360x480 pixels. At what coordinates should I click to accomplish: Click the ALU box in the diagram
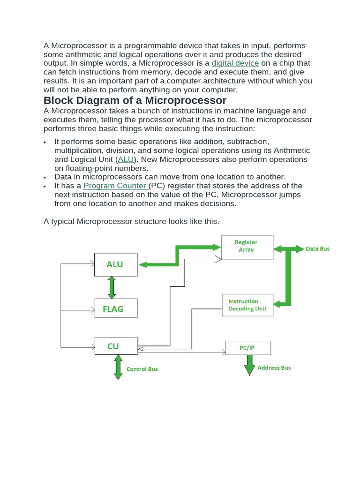point(116,264)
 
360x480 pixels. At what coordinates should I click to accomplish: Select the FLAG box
point(116,308)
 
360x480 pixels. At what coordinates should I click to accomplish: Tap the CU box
point(116,347)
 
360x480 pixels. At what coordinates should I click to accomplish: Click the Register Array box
point(247,247)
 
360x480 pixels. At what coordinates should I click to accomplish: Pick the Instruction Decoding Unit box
point(247,305)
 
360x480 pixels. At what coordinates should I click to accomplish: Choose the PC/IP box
point(247,348)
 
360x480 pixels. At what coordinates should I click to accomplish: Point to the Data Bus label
point(317,249)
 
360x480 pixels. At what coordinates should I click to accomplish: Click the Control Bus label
point(142,369)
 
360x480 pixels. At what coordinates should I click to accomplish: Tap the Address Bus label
point(274,368)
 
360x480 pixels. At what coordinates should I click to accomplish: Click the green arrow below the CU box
point(118,367)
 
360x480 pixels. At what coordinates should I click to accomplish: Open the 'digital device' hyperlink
point(235,63)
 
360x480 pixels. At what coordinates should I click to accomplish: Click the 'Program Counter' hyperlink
point(115,186)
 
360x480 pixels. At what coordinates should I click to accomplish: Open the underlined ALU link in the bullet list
point(126,159)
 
